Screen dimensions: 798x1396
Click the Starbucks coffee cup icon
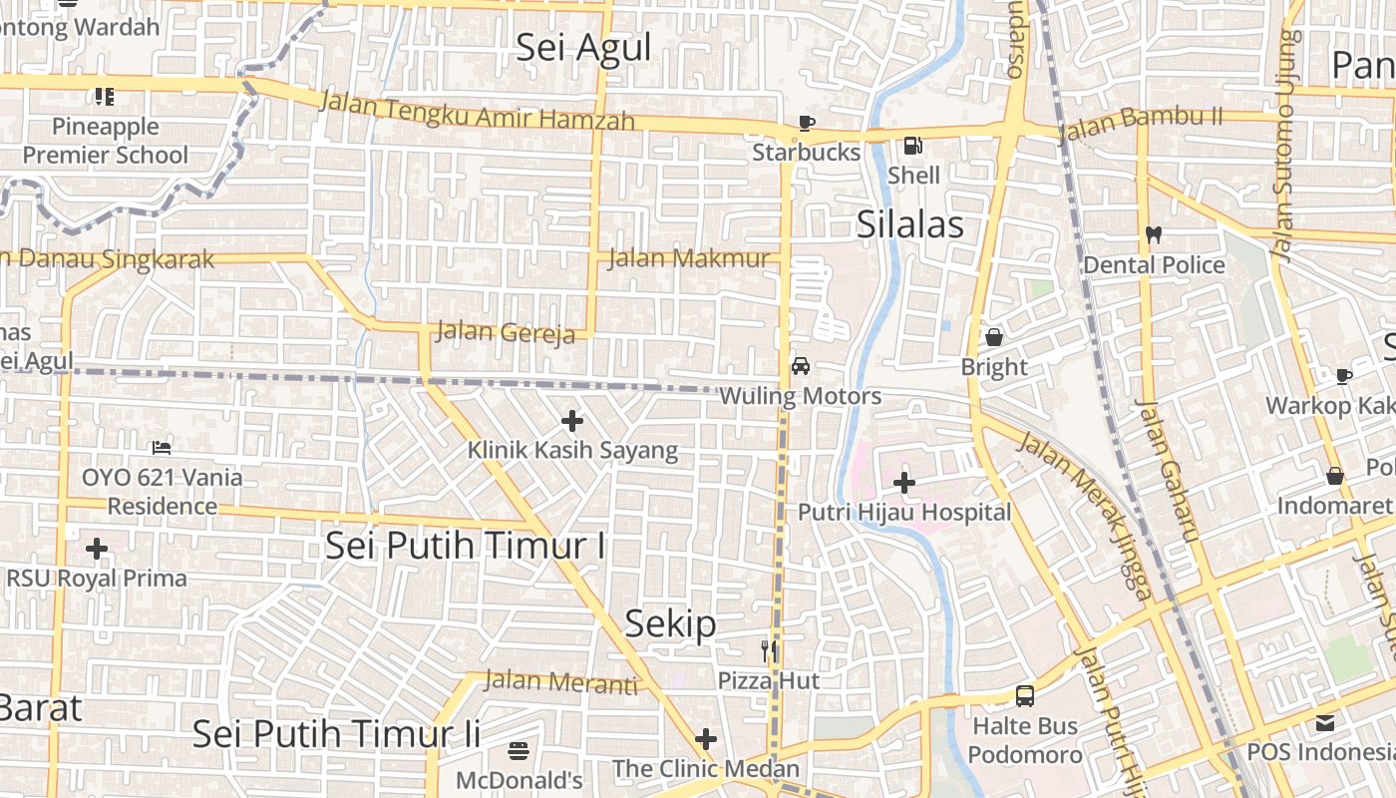(x=806, y=124)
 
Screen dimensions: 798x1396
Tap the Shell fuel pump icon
(x=912, y=147)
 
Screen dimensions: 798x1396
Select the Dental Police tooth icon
(x=1154, y=235)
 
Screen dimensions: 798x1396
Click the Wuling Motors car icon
(x=800, y=366)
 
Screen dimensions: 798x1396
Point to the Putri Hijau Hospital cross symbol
(x=904, y=484)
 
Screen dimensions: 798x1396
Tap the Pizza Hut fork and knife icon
(x=769, y=651)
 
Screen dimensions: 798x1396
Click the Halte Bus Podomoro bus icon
(x=1024, y=696)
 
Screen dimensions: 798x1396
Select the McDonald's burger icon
(x=518, y=750)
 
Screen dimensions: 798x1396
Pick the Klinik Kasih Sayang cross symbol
(x=572, y=421)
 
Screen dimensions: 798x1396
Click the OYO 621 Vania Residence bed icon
(x=162, y=448)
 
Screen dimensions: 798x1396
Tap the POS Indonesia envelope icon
(x=1324, y=722)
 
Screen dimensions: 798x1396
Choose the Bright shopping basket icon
(x=993, y=337)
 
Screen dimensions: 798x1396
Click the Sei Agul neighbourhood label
(x=583, y=48)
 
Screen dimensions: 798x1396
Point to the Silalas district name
(x=910, y=225)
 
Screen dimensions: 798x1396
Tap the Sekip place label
(x=670, y=624)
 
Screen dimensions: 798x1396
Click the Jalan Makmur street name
(x=689, y=258)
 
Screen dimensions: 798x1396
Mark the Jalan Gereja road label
(x=506, y=332)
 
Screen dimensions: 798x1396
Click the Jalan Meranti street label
(x=560, y=683)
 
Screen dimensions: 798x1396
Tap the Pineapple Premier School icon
(x=105, y=97)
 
